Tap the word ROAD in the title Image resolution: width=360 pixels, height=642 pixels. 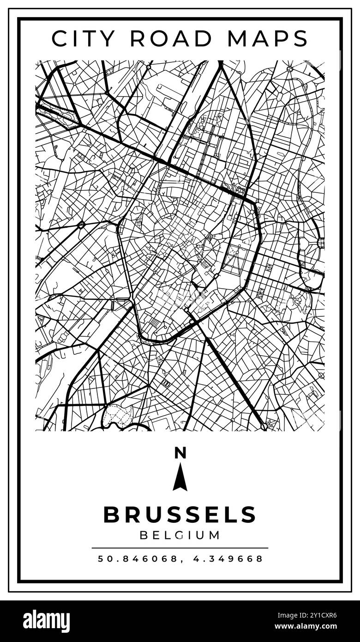[x=174, y=38]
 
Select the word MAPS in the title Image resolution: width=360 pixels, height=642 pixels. [x=267, y=38]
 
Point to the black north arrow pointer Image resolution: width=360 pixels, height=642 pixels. [x=180, y=478]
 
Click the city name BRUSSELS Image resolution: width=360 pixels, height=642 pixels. [x=180, y=515]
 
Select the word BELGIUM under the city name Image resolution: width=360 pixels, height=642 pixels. [x=180, y=535]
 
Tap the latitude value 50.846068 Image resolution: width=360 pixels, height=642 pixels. [x=138, y=559]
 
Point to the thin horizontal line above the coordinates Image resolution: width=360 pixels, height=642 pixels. [x=180, y=548]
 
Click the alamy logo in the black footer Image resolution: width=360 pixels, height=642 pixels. [x=46, y=621]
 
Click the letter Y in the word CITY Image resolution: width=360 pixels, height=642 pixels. [x=113, y=38]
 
